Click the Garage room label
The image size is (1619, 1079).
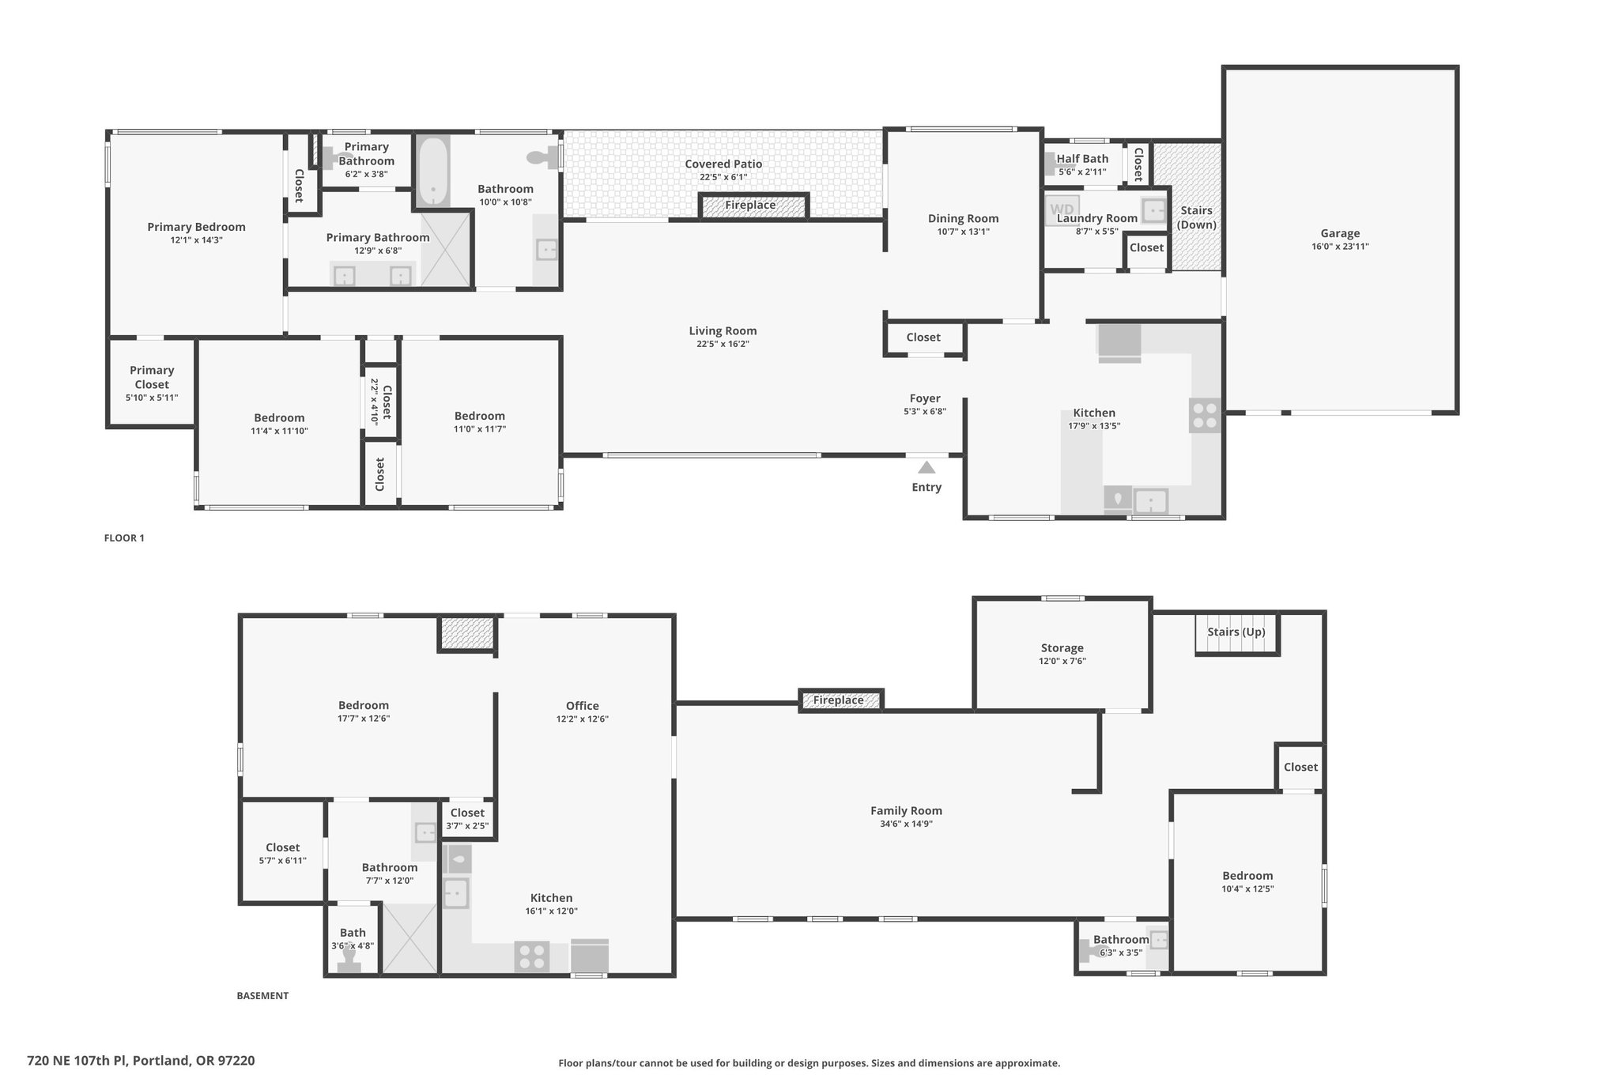coord(1340,233)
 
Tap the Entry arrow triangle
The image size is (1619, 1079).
coord(926,468)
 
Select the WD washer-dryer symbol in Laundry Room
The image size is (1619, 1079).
coord(1062,209)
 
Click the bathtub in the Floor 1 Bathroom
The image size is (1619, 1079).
coord(433,172)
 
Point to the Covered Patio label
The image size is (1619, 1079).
coord(723,164)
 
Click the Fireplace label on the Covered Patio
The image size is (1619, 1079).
coord(750,205)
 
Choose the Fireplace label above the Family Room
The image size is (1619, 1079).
coord(838,700)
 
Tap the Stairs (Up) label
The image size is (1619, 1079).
coord(1236,632)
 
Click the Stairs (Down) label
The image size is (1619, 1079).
coord(1196,217)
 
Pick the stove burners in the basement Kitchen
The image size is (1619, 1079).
coord(532,956)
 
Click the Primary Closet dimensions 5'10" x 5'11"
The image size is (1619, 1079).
coord(152,398)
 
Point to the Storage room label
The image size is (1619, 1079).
coord(1062,648)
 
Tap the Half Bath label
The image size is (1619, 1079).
coord(1082,159)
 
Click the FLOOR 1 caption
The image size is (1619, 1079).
coord(124,538)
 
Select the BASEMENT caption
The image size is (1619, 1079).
coord(262,996)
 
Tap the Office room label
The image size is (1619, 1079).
coord(583,706)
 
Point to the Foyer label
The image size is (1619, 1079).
coord(925,398)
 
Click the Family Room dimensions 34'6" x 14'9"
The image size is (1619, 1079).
coord(906,824)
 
